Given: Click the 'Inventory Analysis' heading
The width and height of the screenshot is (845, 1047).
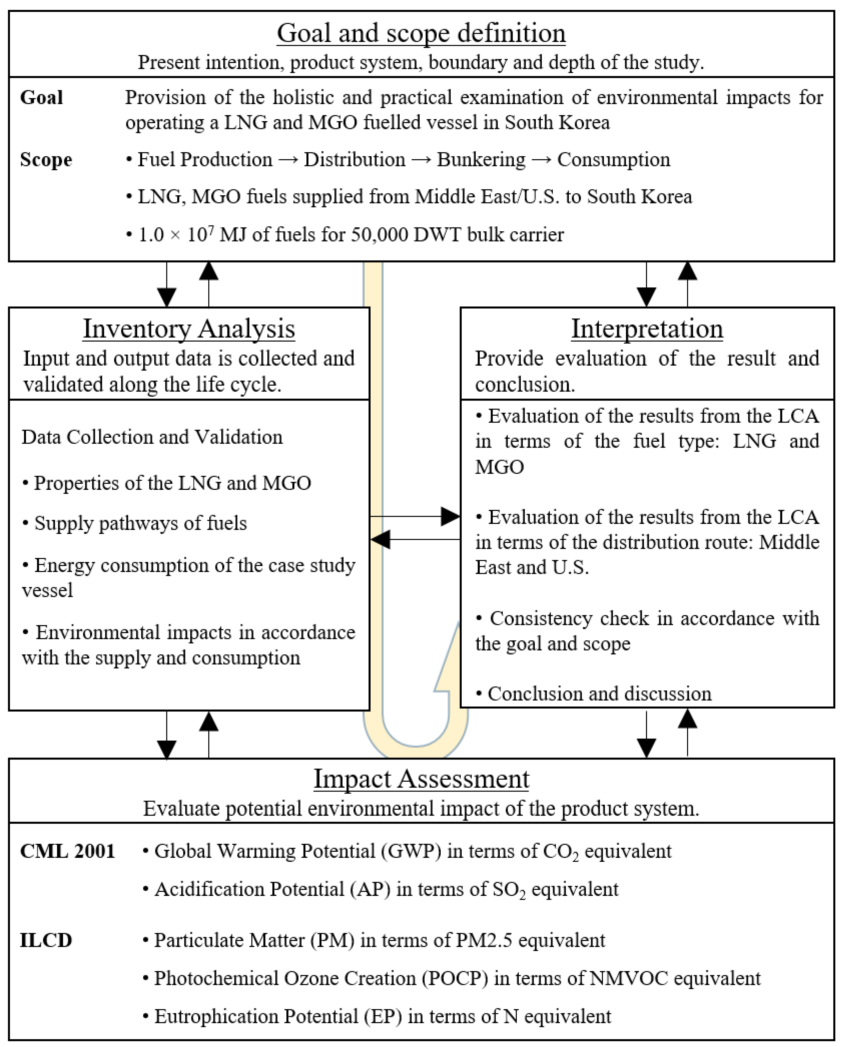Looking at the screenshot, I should point(189,329).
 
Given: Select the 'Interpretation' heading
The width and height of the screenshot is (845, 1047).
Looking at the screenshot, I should point(647,329).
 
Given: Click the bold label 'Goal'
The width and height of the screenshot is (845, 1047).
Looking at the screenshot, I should point(41,98).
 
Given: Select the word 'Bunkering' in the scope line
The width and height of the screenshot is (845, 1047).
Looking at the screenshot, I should point(481,160).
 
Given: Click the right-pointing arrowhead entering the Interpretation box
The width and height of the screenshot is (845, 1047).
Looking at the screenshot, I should point(450,516).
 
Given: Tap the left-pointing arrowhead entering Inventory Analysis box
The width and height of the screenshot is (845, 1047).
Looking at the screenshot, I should point(381,540).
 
